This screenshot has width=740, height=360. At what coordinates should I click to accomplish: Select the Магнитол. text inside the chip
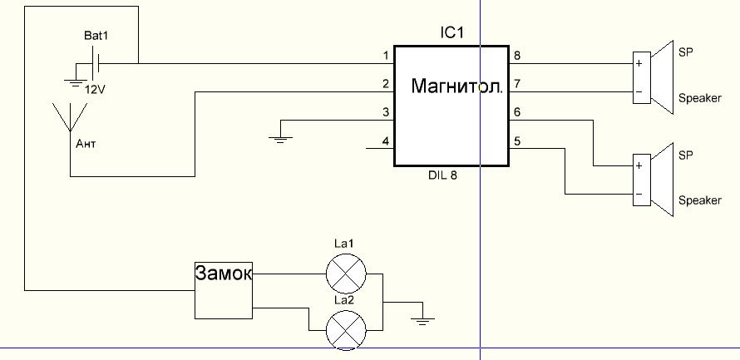click(456, 86)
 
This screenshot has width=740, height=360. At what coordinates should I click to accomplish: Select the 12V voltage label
click(96, 88)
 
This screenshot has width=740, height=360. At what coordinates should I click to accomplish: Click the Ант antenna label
click(86, 144)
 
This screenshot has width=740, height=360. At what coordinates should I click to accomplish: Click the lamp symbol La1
click(344, 272)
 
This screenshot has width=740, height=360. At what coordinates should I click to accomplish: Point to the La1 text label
click(344, 244)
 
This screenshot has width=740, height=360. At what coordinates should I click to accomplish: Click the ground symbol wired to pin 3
click(282, 138)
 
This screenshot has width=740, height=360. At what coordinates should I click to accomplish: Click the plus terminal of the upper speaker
click(639, 63)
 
